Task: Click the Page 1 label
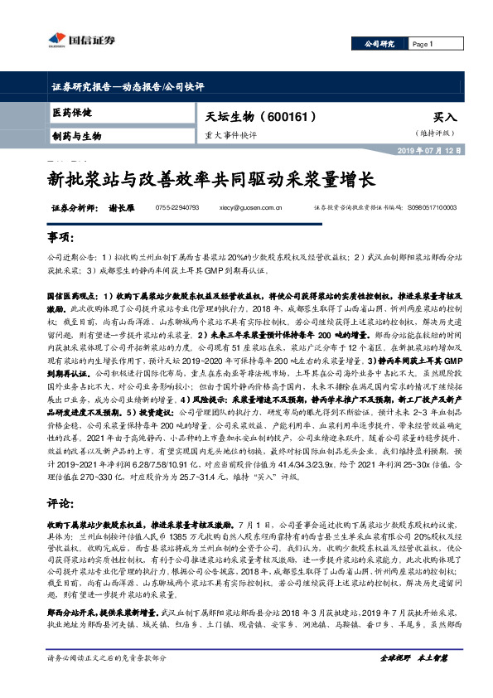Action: (423, 44)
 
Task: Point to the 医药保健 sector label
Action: (72, 112)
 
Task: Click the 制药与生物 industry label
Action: (76, 135)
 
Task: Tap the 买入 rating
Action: (445, 118)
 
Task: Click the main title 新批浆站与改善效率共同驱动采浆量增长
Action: (212, 178)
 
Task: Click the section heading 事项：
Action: (60, 238)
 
